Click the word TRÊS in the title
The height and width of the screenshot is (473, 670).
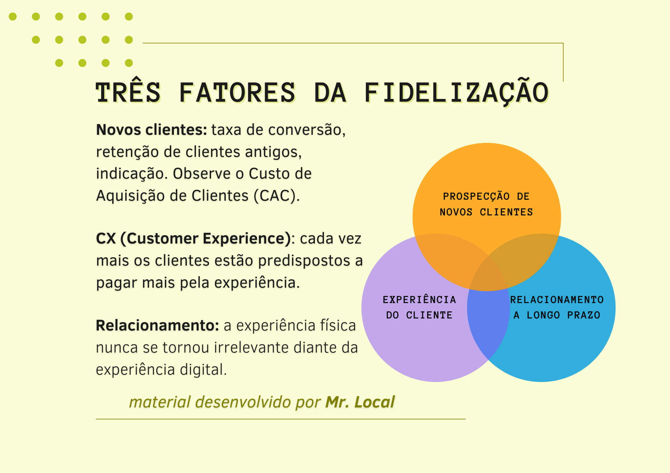(128, 93)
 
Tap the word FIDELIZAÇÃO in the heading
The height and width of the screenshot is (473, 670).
(456, 93)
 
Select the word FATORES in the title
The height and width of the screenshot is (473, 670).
(237, 93)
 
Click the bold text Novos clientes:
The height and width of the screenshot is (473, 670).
(151, 130)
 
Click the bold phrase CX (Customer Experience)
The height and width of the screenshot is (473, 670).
(193, 239)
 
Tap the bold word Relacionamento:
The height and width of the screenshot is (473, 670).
(157, 326)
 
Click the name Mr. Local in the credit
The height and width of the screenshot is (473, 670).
(360, 402)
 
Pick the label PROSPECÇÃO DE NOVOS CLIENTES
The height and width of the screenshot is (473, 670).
(486, 204)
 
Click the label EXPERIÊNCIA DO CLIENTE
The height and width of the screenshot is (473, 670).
(419, 307)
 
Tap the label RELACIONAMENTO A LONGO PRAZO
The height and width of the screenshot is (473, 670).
(557, 307)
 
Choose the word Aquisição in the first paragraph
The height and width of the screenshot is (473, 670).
(131, 196)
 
